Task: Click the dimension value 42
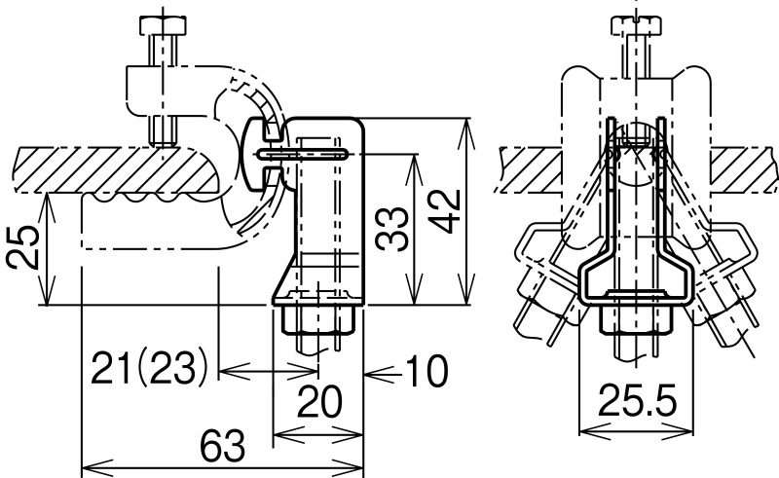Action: click(445, 211)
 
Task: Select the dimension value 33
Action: click(391, 229)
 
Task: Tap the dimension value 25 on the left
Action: click(23, 247)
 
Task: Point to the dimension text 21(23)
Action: click(149, 369)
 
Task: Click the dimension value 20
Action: click(319, 401)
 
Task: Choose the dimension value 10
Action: click(427, 371)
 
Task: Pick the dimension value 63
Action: click(223, 446)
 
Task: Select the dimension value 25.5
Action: click(638, 400)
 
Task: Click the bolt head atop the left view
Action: click(163, 25)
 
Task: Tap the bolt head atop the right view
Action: click(636, 26)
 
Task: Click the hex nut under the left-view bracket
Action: click(318, 320)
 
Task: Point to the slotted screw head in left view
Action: click(256, 155)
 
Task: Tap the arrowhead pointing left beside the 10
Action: click(379, 371)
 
